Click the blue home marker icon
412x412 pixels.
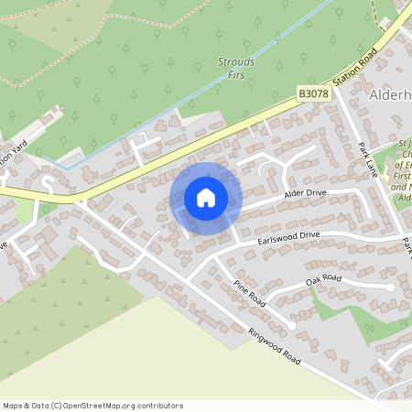206,198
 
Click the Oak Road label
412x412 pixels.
323,278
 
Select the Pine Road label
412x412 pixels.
248,292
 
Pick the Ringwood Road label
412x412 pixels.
274,346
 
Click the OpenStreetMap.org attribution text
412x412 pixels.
123,406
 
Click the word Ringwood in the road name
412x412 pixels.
264,340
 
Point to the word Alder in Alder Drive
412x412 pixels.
294,196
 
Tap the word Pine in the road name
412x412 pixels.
241,287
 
